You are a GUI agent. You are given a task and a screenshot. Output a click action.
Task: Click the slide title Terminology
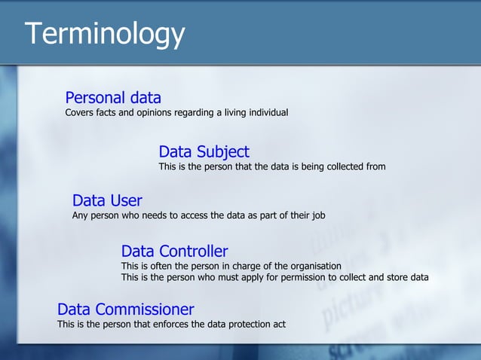105,34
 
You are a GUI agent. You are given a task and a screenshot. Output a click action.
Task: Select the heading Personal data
113,98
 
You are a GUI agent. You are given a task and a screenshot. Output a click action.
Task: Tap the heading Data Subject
204,152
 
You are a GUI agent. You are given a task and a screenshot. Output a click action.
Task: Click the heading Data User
107,201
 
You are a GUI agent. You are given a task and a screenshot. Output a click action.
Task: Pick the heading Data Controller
174,252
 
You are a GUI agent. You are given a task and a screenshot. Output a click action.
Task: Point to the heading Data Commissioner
125,310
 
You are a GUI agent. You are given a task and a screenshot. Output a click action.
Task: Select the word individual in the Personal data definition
265,113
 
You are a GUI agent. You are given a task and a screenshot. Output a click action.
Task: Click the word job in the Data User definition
318,215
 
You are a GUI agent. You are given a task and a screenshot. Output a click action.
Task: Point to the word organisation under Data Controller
313,266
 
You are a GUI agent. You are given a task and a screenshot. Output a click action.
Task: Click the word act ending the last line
279,325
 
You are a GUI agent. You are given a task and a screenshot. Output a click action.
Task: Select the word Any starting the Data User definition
81,215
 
